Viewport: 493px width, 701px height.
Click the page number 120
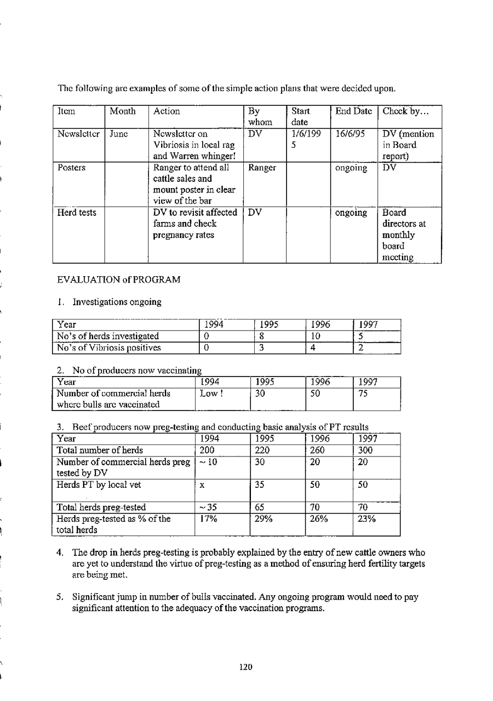(x=246, y=666)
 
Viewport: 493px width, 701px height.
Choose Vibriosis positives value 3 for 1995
(x=262, y=347)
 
